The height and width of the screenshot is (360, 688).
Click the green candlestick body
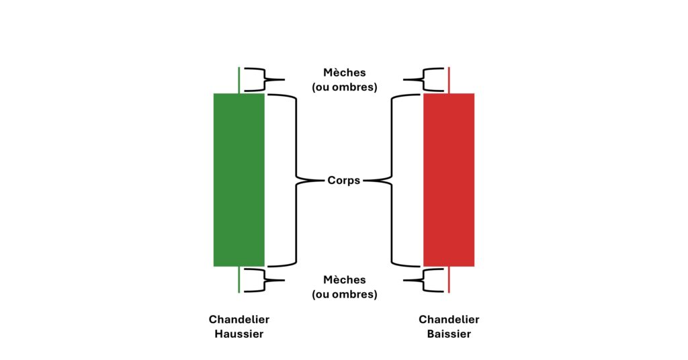(x=239, y=179)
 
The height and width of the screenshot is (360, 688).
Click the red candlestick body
(x=449, y=179)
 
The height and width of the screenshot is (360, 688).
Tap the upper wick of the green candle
(x=239, y=80)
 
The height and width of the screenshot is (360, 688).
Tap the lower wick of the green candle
(x=239, y=279)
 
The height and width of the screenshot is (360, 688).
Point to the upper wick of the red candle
(x=449, y=80)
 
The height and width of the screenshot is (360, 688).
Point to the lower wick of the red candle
(x=449, y=279)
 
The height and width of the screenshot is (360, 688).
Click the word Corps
(x=344, y=180)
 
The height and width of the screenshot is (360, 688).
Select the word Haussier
(x=239, y=334)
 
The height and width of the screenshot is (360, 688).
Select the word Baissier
(x=449, y=334)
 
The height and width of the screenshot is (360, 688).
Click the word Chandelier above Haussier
(x=239, y=320)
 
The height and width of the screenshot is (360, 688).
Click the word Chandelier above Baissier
(x=449, y=320)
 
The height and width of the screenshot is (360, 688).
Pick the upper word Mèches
(x=344, y=73)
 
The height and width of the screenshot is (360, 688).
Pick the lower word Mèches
(x=344, y=279)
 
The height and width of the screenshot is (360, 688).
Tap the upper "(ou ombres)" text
(x=344, y=87)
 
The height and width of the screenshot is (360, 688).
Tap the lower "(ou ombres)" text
(x=344, y=294)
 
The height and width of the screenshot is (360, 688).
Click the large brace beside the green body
(x=296, y=179)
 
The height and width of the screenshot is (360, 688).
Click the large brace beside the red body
(x=392, y=179)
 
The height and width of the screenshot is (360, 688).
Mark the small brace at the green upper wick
(x=264, y=80)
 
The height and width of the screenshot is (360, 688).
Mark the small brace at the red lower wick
(x=423, y=280)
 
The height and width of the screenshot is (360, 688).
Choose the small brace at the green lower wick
(x=264, y=280)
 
